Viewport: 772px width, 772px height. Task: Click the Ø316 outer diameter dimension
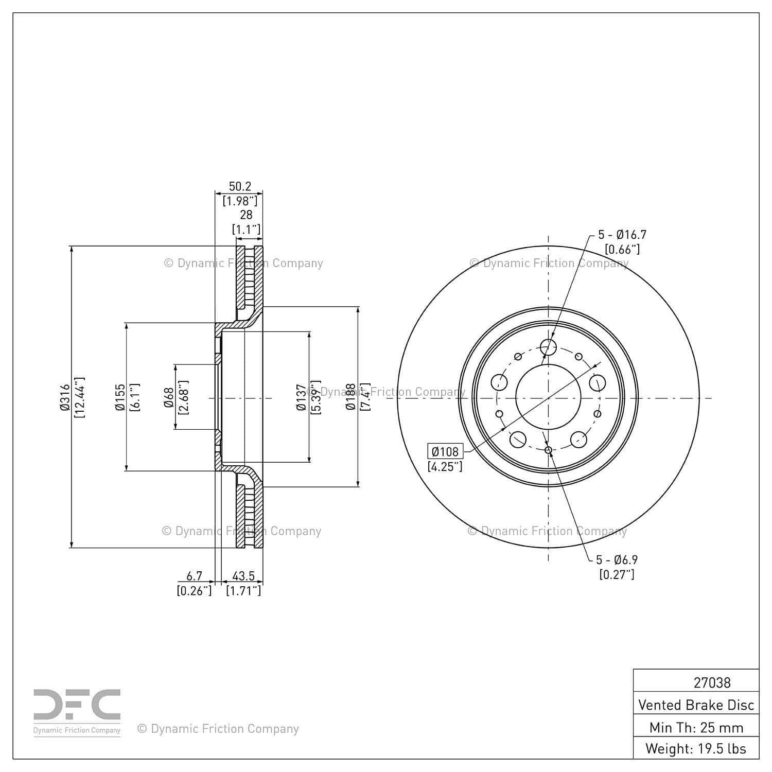(64, 397)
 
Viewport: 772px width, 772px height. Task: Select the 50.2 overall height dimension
(240, 186)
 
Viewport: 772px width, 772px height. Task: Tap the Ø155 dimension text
(120, 397)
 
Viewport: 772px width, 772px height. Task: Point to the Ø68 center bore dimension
(169, 397)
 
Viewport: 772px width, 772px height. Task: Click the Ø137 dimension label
(302, 397)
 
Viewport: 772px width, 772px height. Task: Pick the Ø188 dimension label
(351, 397)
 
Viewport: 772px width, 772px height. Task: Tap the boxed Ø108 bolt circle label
(445, 451)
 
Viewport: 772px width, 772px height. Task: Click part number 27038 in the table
(712, 682)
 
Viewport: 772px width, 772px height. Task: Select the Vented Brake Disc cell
(696, 705)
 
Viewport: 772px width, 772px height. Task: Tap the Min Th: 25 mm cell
(696, 727)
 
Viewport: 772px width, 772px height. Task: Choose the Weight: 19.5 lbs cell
(696, 748)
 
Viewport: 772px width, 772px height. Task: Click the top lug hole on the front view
(549, 347)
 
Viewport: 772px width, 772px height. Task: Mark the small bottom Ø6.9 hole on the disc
(549, 451)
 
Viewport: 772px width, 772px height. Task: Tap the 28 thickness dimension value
(246, 215)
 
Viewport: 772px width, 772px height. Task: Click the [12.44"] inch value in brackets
(79, 397)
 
